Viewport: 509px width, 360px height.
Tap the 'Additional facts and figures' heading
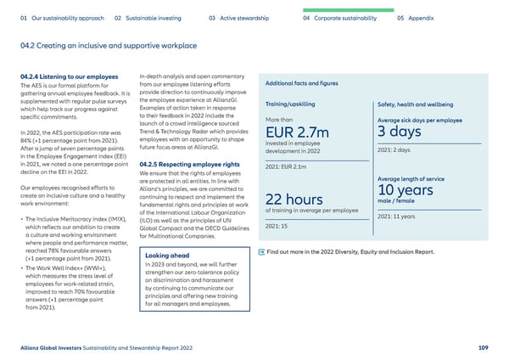pyautogui.click(x=304, y=83)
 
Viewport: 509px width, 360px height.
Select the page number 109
pyautogui.click(x=484, y=347)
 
